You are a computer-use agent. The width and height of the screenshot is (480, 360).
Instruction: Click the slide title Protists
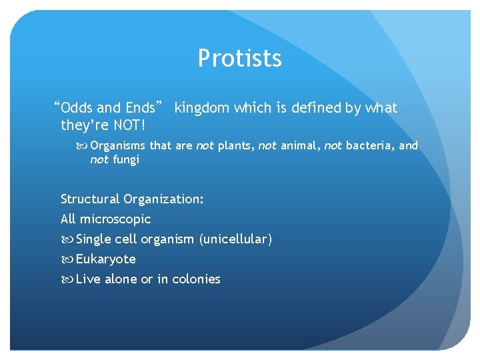coord(239,59)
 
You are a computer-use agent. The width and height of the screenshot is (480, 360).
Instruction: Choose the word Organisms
coord(117,145)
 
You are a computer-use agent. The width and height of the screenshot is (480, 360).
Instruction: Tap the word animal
coord(299,145)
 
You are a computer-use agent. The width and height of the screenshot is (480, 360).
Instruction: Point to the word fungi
coord(125,160)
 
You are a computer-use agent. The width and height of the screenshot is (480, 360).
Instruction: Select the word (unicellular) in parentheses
coord(235,239)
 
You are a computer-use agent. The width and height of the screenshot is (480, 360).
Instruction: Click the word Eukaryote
coord(105,259)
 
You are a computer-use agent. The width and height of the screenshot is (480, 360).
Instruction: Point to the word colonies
coord(196,279)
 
